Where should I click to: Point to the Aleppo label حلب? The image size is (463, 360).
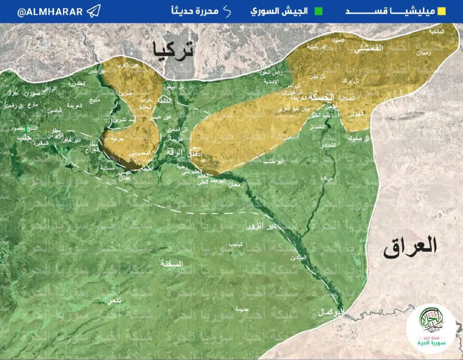point(24,138)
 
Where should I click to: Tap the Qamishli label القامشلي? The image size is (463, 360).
point(371,50)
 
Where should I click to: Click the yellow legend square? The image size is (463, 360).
point(442,11)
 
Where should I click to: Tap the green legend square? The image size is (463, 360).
point(318,11)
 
